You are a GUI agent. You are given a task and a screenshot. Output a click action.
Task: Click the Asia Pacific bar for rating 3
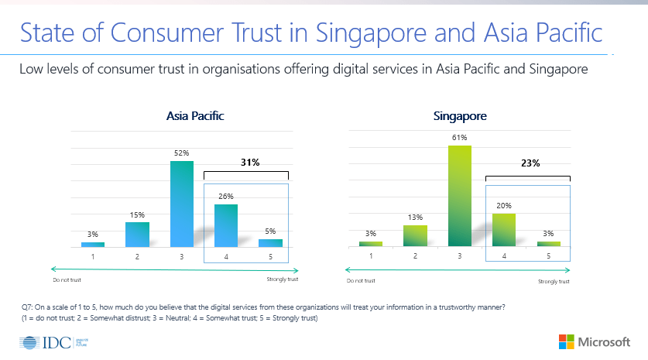(x=182, y=204)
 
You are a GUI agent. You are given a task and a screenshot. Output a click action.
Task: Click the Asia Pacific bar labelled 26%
(x=225, y=225)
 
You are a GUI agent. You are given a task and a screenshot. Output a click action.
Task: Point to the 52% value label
(x=182, y=153)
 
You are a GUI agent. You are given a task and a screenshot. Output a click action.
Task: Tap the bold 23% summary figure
(x=529, y=163)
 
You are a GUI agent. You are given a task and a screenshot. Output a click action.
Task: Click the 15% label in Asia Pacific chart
(x=137, y=214)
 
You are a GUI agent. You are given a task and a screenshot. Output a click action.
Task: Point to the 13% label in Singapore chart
(x=415, y=218)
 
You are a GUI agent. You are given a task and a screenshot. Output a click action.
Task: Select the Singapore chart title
(x=460, y=117)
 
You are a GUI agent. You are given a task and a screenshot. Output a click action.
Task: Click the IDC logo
(x=47, y=341)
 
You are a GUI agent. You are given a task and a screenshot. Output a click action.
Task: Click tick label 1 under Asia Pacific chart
(x=93, y=255)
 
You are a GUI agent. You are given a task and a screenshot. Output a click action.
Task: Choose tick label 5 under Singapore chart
(x=549, y=255)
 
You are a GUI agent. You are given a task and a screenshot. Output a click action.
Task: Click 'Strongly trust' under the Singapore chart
(x=554, y=282)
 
